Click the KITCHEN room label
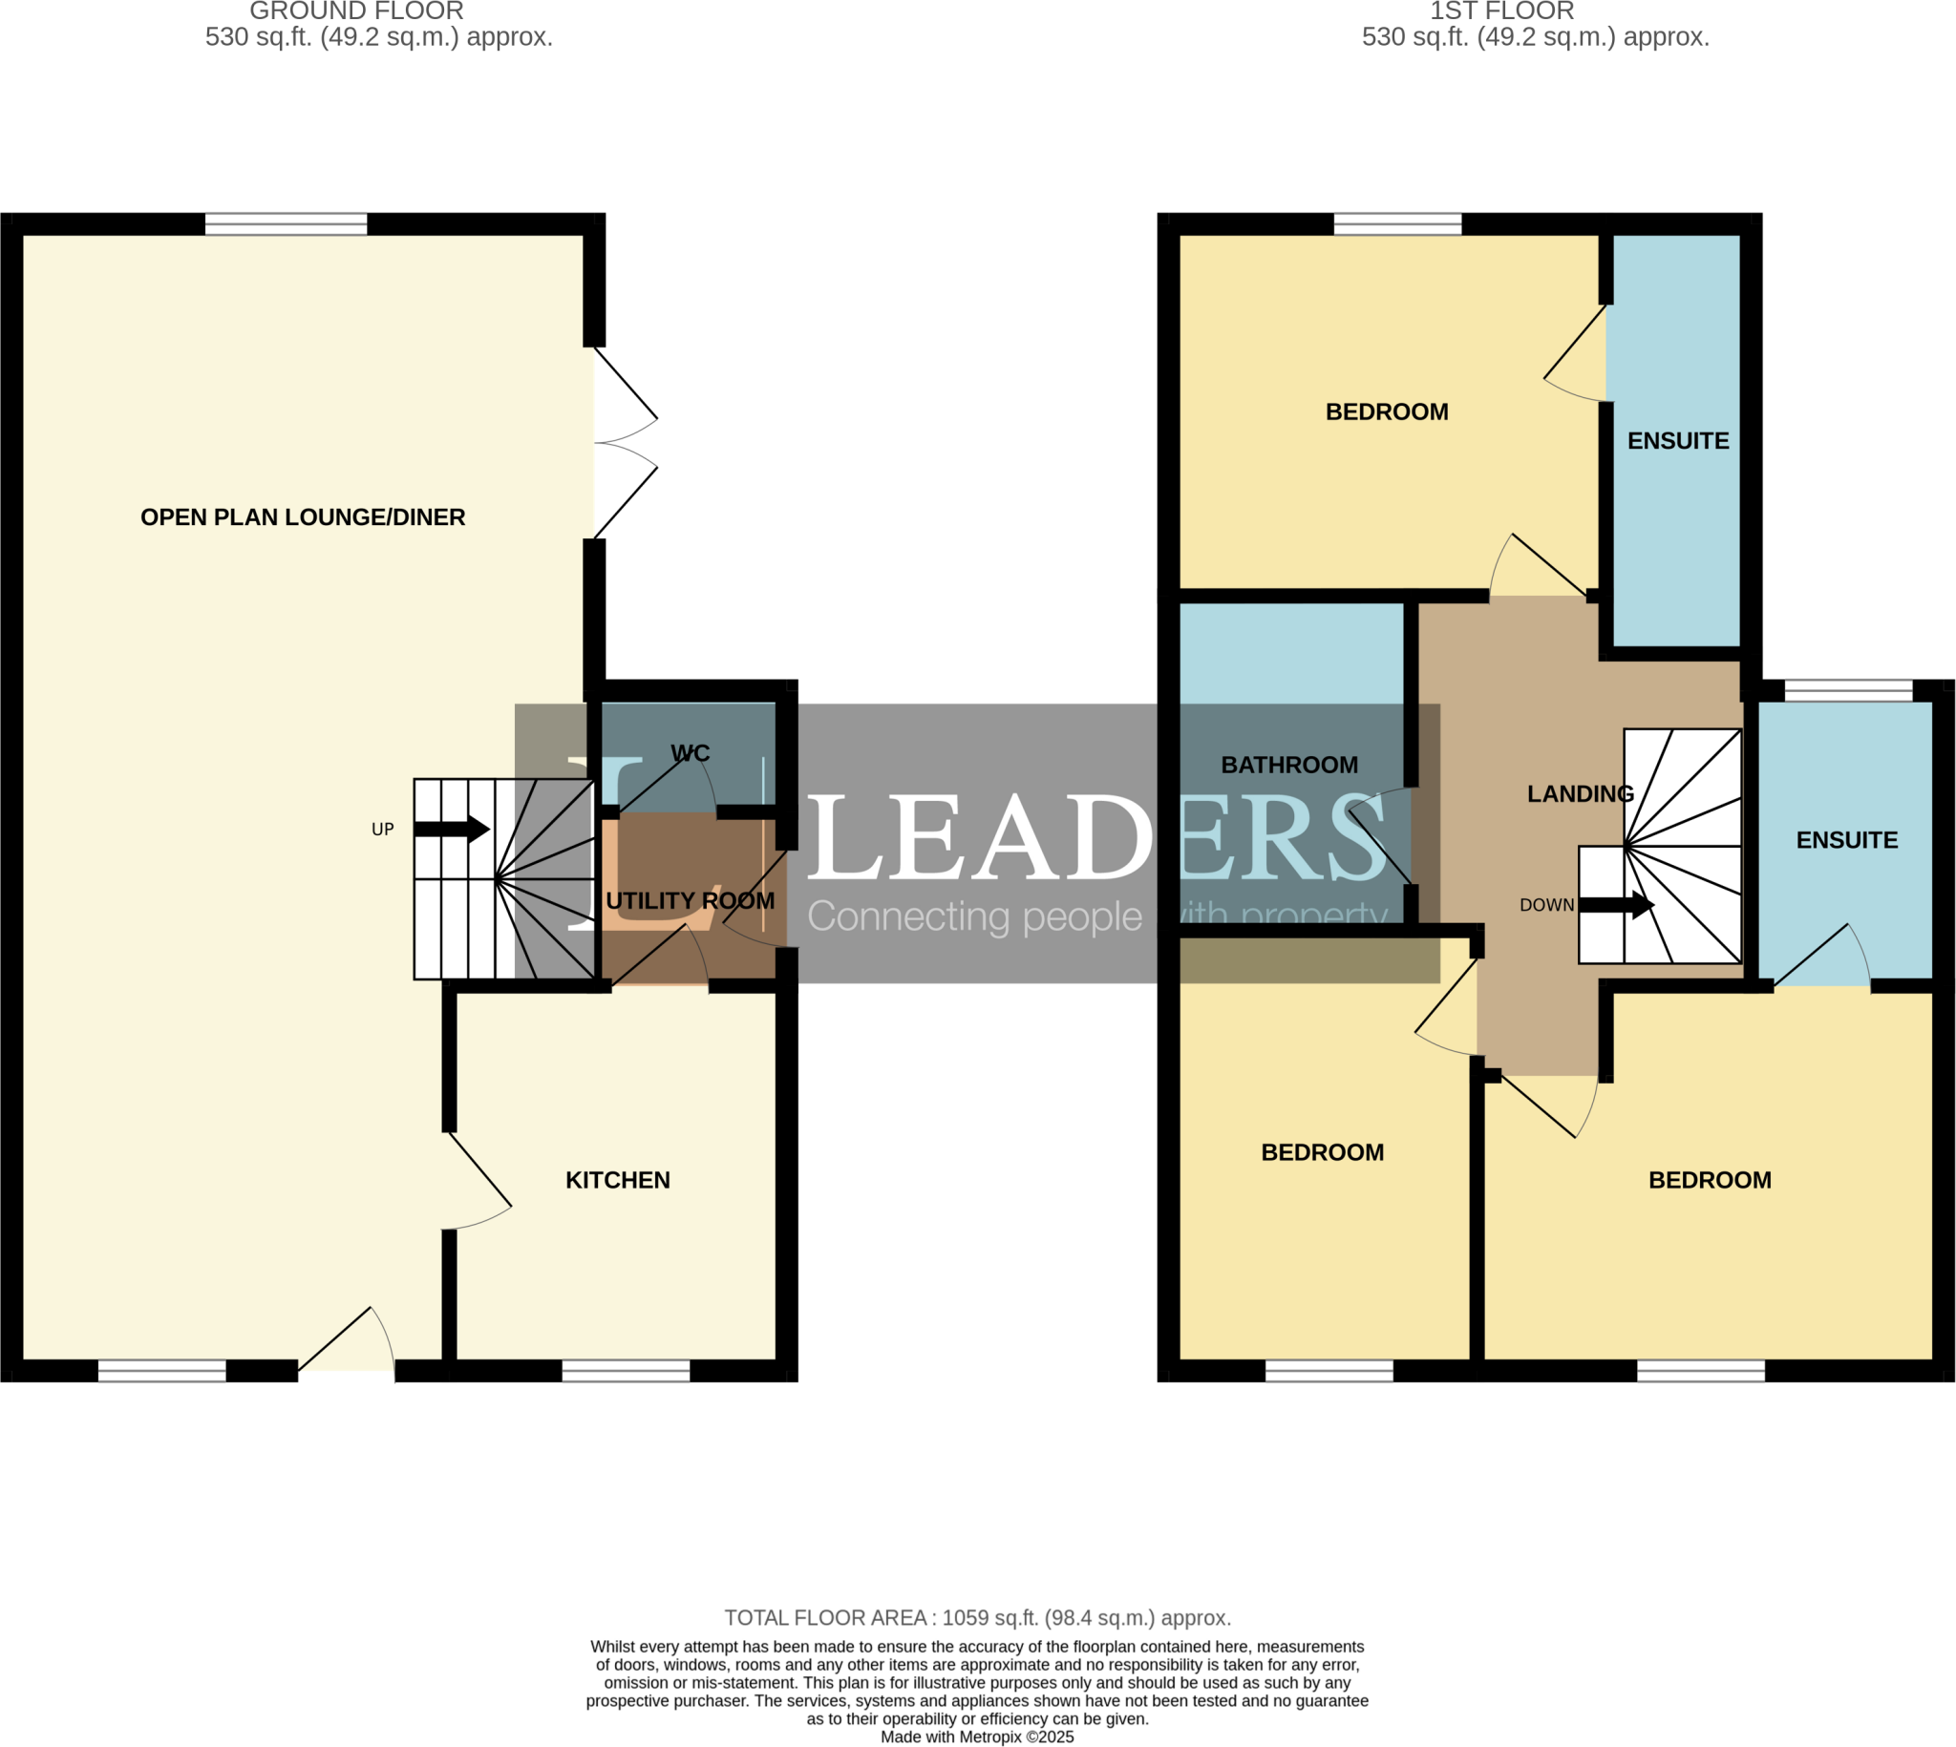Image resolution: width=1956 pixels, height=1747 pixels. click(x=617, y=1180)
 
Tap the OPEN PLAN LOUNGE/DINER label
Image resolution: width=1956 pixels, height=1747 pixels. click(x=303, y=517)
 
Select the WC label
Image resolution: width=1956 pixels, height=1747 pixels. click(x=690, y=752)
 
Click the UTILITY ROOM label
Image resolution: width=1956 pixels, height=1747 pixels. click(x=690, y=900)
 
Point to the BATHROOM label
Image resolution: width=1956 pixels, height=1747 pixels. click(x=1288, y=765)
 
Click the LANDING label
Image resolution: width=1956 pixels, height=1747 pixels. click(x=1580, y=794)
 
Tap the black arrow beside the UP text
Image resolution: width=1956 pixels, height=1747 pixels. click(x=453, y=829)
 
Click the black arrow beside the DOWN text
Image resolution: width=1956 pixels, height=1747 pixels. click(x=1616, y=904)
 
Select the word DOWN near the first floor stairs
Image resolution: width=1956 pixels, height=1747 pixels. click(x=1546, y=905)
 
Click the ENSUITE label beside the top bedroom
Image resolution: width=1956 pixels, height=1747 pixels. click(x=1677, y=441)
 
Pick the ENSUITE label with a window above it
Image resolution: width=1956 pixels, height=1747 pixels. click(x=1846, y=840)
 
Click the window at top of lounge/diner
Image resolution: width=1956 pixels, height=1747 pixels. click(x=287, y=224)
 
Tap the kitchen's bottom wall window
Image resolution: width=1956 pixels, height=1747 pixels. click(x=626, y=1371)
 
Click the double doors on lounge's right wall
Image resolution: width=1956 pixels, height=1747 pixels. click(x=625, y=443)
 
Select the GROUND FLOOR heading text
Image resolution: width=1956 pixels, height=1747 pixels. click(x=356, y=11)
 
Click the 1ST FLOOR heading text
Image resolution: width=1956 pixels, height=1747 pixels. click(x=1501, y=11)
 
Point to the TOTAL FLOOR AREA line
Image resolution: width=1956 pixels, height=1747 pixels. click(x=977, y=1617)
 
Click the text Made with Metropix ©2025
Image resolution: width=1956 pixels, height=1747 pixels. click(x=977, y=1736)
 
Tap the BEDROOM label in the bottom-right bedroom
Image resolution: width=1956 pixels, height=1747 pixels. click(x=1710, y=1180)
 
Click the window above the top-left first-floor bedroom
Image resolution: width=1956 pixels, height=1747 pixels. click(x=1397, y=224)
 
